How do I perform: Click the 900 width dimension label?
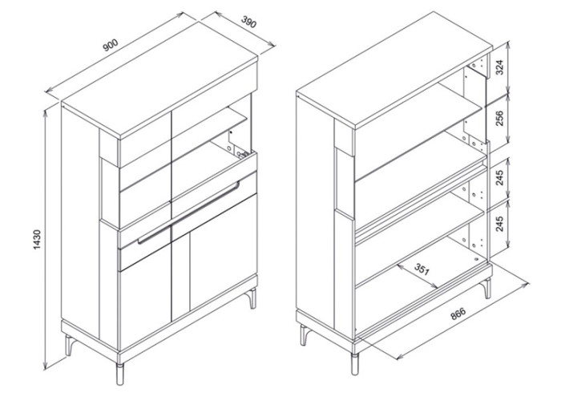[111, 45]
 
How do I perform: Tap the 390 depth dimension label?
[248, 22]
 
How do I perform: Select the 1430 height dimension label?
[37, 240]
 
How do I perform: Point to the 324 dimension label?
[500, 67]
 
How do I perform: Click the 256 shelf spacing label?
[500, 119]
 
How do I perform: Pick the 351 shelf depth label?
[422, 269]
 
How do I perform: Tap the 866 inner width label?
[458, 314]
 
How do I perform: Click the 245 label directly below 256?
[500, 177]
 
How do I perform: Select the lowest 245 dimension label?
[500, 224]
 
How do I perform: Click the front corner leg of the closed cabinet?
[120, 375]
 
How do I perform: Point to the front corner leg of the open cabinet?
[354, 364]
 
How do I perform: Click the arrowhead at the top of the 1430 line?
[46, 114]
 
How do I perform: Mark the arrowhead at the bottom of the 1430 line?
[46, 366]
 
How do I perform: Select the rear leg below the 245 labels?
[487, 289]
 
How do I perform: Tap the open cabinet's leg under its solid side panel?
[305, 335]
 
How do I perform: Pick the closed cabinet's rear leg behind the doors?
[252, 298]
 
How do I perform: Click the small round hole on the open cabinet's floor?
[476, 259]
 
